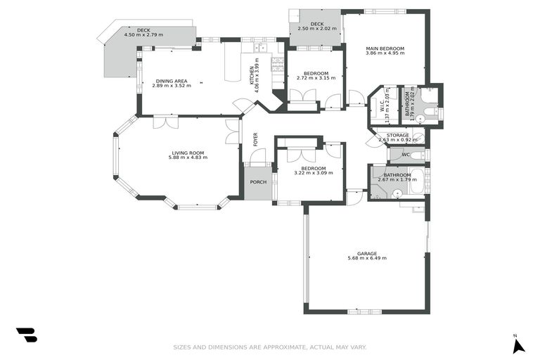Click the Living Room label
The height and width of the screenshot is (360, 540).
[x=187, y=153]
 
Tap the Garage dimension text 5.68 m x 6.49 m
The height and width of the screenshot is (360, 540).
[x=366, y=258]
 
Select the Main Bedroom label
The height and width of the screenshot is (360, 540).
[x=385, y=49]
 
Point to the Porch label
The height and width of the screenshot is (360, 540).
[x=259, y=181]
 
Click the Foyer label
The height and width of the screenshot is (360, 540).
[x=255, y=139]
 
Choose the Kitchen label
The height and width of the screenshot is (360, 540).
[x=253, y=71]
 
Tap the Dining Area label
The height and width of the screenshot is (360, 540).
[x=172, y=81]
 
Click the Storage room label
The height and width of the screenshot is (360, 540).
[x=397, y=134]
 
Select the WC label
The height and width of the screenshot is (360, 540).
[x=406, y=155]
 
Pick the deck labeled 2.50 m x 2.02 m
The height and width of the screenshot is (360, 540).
[x=316, y=29]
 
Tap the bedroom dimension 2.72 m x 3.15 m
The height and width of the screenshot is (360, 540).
[x=316, y=78]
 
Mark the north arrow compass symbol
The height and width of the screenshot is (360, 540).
[x=518, y=345]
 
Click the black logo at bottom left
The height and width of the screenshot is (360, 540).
[x=26, y=335]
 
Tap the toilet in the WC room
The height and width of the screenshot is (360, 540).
[x=417, y=155]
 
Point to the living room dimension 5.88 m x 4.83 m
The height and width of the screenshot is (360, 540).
[x=187, y=157]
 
